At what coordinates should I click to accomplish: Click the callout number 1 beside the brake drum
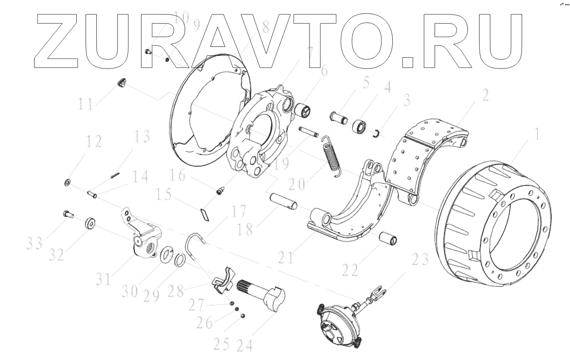[536, 134]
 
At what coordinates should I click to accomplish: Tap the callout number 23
[420, 259]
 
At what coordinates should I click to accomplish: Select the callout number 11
[86, 103]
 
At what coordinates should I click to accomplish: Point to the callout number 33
[34, 243]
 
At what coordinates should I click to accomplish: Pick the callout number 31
[103, 279]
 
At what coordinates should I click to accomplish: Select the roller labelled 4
[359, 126]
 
